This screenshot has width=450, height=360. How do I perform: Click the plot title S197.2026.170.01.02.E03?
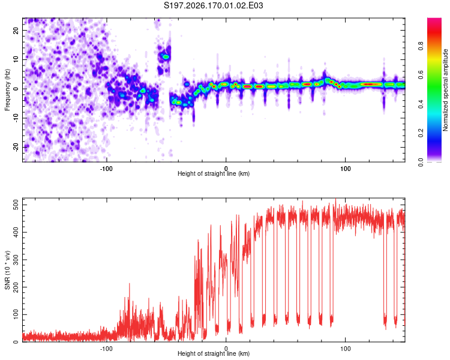tap(213, 5)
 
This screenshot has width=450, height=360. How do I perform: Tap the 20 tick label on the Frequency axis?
tap(16, 31)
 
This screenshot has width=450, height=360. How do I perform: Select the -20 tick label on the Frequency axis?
tap(16, 147)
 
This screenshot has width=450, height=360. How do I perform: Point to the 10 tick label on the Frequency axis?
tap(16, 59)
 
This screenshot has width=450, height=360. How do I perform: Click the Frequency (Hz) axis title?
tap(7, 90)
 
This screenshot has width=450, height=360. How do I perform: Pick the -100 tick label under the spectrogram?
tap(106, 169)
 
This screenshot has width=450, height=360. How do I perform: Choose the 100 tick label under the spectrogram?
tap(345, 169)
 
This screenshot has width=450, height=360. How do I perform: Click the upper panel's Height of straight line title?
tap(214, 173)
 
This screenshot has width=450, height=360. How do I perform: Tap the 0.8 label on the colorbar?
tap(421, 46)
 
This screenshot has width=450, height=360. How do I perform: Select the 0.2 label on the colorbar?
tap(421, 133)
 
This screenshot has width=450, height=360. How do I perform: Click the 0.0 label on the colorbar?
tap(421, 162)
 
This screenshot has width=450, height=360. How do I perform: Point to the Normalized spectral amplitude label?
tap(445, 90)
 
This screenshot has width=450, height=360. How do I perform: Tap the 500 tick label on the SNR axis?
tap(16, 205)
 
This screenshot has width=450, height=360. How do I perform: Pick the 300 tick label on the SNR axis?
tap(16, 260)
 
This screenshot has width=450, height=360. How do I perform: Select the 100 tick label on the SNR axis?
tap(16, 314)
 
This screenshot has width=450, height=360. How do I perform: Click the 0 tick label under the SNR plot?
tap(226, 349)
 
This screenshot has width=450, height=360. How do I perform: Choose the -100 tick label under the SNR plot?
tap(106, 349)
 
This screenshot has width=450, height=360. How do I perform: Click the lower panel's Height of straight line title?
tap(214, 353)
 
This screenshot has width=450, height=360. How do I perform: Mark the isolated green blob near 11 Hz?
tap(166, 56)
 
